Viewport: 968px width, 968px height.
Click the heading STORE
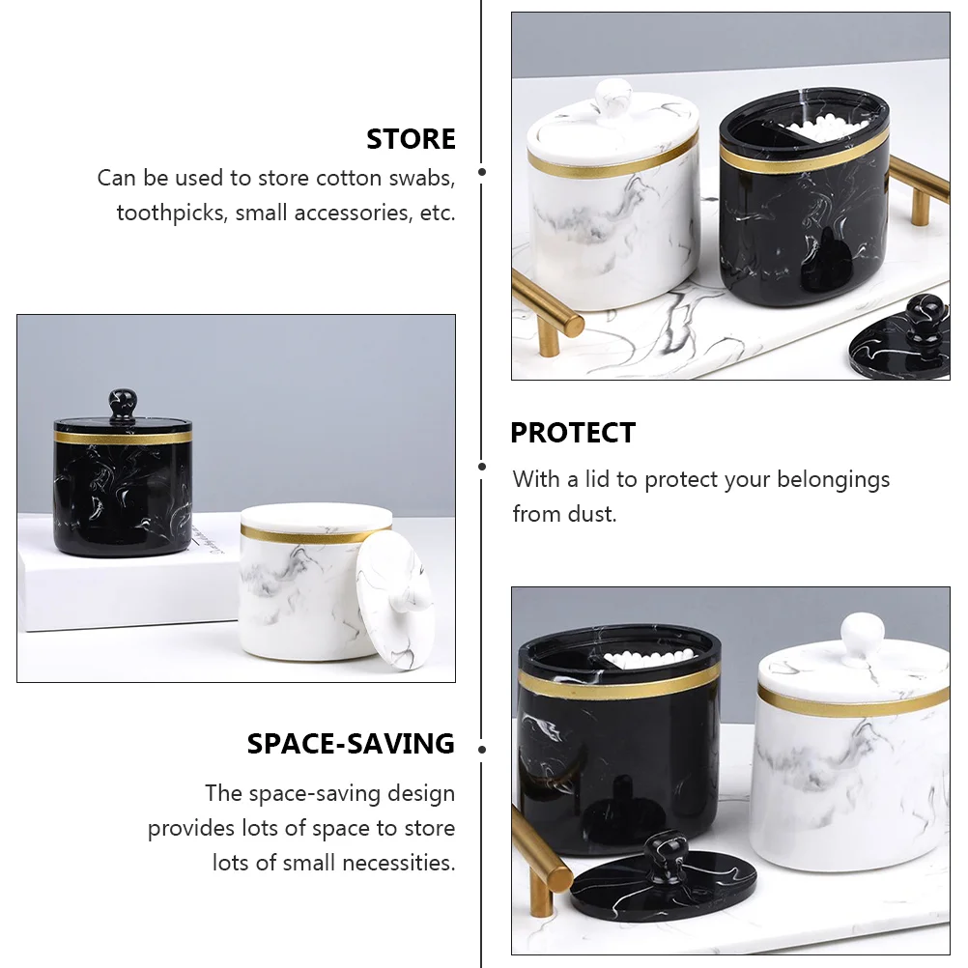[x=412, y=139]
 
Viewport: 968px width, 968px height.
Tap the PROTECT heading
[x=573, y=433]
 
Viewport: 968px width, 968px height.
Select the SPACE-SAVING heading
[x=351, y=743]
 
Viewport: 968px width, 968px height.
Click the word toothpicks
[x=170, y=213]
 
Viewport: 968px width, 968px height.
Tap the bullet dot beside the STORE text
[x=482, y=172]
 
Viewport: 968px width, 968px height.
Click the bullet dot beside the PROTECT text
[x=482, y=467]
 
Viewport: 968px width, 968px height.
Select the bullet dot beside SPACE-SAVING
[x=482, y=750]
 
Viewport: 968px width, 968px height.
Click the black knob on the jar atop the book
[x=123, y=405]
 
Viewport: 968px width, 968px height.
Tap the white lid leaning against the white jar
[x=395, y=600]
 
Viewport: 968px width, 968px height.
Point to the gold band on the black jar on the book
[x=123, y=437]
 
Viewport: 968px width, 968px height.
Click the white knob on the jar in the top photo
[x=613, y=98]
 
